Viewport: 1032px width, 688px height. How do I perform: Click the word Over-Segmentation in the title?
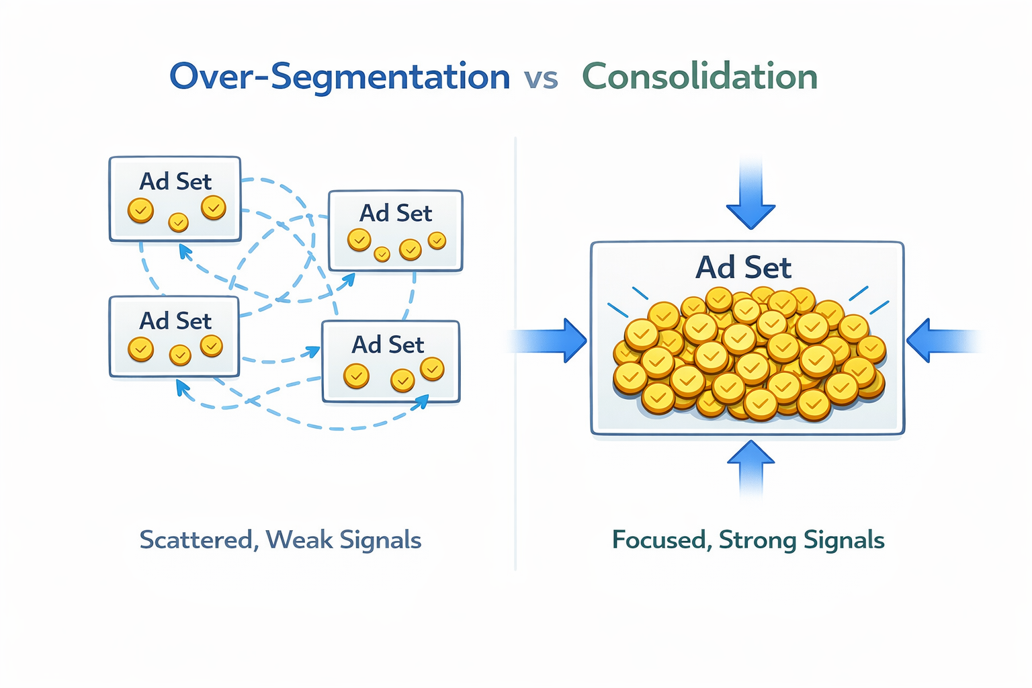339,77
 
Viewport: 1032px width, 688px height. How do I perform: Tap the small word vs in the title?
542,79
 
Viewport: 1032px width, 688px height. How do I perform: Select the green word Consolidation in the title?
699,77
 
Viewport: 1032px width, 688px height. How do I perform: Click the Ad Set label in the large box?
743,267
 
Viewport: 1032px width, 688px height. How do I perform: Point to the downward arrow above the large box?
750,199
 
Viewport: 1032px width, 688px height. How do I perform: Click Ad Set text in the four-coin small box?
395,213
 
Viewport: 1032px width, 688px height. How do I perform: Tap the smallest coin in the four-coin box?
382,254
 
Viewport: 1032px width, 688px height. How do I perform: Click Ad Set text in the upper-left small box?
175,181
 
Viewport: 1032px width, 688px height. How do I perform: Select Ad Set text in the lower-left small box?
175,321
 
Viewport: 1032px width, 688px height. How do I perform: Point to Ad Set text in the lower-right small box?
388,345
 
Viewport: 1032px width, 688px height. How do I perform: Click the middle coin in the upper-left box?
178,222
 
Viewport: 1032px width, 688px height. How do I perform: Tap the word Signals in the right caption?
844,540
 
